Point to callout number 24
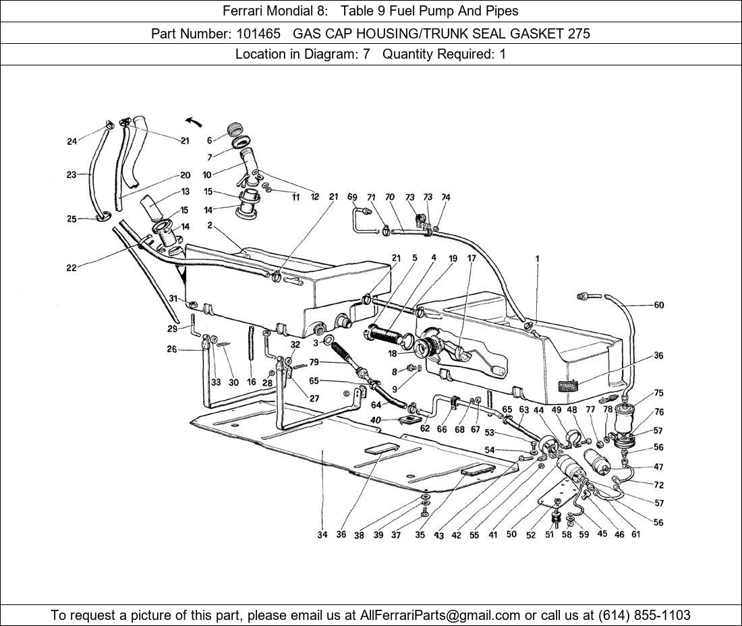point(72,141)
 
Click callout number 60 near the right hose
point(658,305)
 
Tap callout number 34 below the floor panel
point(322,535)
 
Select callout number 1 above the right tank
point(538,259)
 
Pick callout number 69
point(352,197)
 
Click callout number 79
point(314,363)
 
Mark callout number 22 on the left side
point(71,268)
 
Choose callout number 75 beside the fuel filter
point(658,393)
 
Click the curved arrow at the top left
point(194,121)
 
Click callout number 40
point(376,420)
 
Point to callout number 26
point(172,349)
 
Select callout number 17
point(471,258)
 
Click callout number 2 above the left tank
point(210,225)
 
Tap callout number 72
point(658,484)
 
